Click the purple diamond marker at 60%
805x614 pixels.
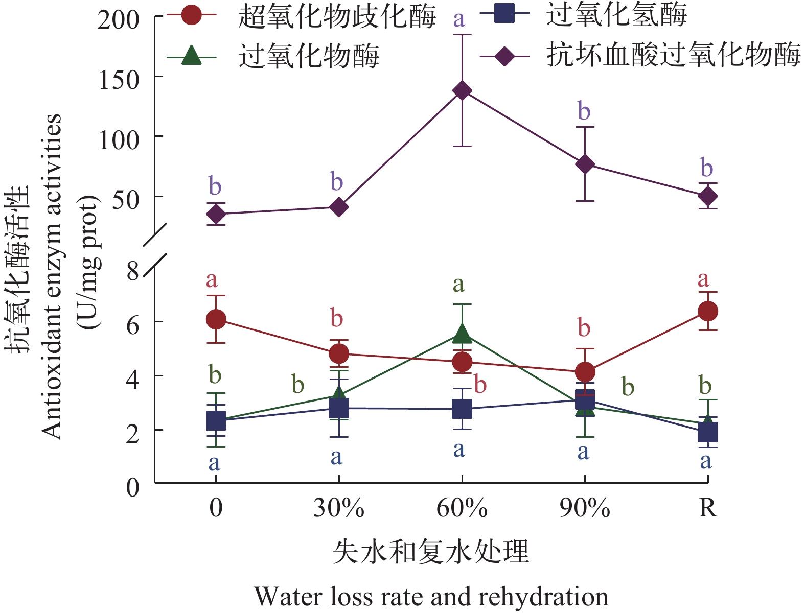pos(462,91)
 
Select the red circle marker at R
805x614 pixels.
pos(708,311)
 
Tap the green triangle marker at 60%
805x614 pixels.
pos(462,334)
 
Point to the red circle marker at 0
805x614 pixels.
pos(216,319)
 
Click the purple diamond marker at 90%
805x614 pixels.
pos(585,164)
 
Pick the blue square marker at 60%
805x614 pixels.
pos(462,409)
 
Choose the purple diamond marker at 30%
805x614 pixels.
pos(339,207)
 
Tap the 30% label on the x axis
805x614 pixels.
pos(339,508)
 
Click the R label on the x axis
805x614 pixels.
pos(708,508)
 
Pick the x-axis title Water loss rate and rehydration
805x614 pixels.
pos(431,597)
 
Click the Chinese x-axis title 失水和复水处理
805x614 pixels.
pos(431,552)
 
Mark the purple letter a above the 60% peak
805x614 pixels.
pos(459,19)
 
